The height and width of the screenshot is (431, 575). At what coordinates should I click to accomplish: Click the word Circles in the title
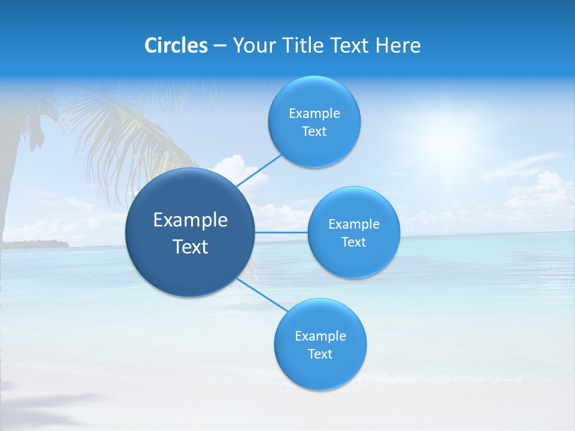click(x=175, y=45)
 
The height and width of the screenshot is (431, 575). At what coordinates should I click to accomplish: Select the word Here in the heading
click(x=398, y=45)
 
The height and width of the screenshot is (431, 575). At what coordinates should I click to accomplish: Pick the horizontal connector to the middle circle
click(x=282, y=232)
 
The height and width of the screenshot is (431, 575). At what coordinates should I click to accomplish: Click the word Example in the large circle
click(x=190, y=220)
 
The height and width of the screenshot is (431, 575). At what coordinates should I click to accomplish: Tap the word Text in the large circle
click(x=190, y=247)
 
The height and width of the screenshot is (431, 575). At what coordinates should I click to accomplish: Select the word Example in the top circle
click(x=314, y=114)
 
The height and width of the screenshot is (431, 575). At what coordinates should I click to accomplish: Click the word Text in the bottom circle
click(x=320, y=354)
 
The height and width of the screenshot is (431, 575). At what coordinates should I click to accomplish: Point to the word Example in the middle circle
click(x=353, y=224)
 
